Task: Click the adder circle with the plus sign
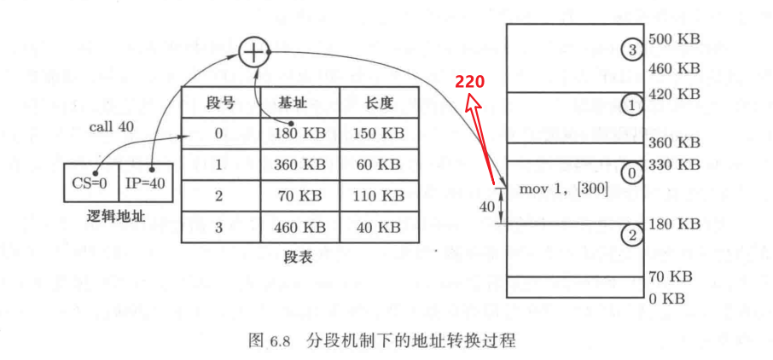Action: pyautogui.click(x=253, y=52)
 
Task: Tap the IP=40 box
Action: pyautogui.click(x=146, y=183)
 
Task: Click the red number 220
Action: pyautogui.click(x=469, y=83)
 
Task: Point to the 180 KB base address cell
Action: pyautogui.click(x=300, y=133)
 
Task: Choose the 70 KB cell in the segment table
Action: pyautogui.click(x=300, y=195)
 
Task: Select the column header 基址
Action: pyautogui.click(x=300, y=102)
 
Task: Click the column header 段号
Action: pyautogui.click(x=220, y=102)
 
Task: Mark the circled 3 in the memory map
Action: pyautogui.click(x=631, y=49)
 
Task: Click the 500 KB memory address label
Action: pyautogui.click(x=674, y=38)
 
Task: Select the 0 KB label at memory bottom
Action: pyautogui.click(x=666, y=299)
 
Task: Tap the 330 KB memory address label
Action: pyautogui.click(x=674, y=164)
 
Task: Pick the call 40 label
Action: pyautogui.click(x=112, y=126)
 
